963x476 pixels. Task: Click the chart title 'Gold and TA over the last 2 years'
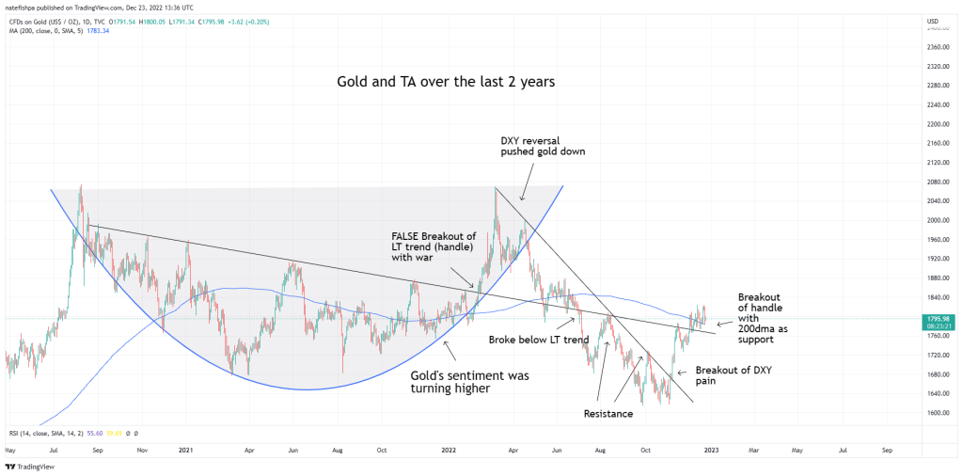coord(446,82)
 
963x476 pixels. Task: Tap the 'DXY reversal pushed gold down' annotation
coord(544,145)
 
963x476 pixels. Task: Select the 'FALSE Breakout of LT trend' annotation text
coord(434,246)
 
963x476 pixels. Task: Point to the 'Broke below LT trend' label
coord(538,340)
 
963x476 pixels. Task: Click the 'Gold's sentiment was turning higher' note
coord(470,380)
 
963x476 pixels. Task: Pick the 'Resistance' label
coord(608,413)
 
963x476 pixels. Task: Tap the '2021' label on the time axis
coord(185,451)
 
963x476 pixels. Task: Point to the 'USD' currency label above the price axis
coord(932,21)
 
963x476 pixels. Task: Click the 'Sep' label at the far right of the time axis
coord(887,451)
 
